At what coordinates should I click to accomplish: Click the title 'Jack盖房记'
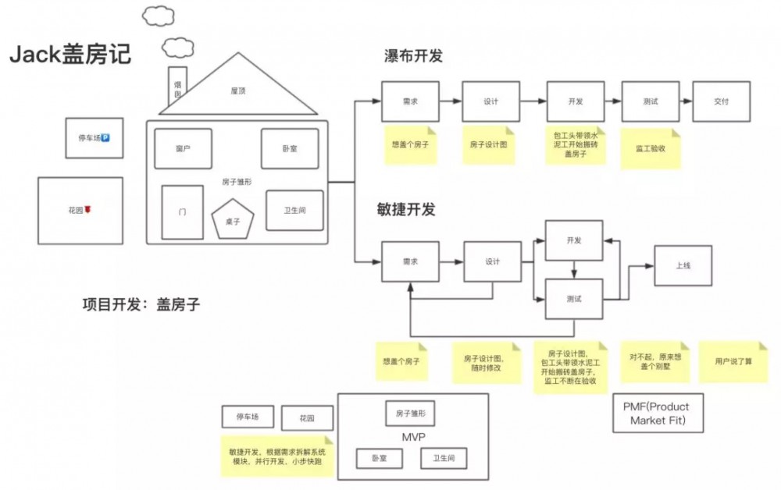[x=70, y=55]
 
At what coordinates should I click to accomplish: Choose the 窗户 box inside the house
[x=183, y=148]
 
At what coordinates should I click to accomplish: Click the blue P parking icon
[x=105, y=138]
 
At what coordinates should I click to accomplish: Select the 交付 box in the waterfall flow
[x=721, y=101]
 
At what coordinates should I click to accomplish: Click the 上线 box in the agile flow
[x=683, y=265]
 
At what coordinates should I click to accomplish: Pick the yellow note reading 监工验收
[x=650, y=147]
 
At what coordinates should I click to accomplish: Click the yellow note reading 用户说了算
[x=733, y=362]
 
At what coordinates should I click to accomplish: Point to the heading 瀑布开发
[x=414, y=56]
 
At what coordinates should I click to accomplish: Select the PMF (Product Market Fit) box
[x=651, y=414]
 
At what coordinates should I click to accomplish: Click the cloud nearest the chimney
[x=178, y=47]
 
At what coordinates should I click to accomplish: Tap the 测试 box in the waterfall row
[x=650, y=101]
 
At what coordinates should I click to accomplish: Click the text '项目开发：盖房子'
[x=141, y=305]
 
